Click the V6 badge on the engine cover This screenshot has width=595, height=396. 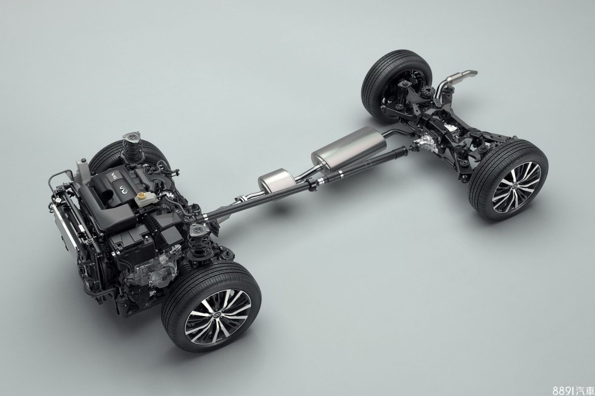point(114,176)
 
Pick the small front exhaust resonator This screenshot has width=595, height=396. point(277,180)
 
